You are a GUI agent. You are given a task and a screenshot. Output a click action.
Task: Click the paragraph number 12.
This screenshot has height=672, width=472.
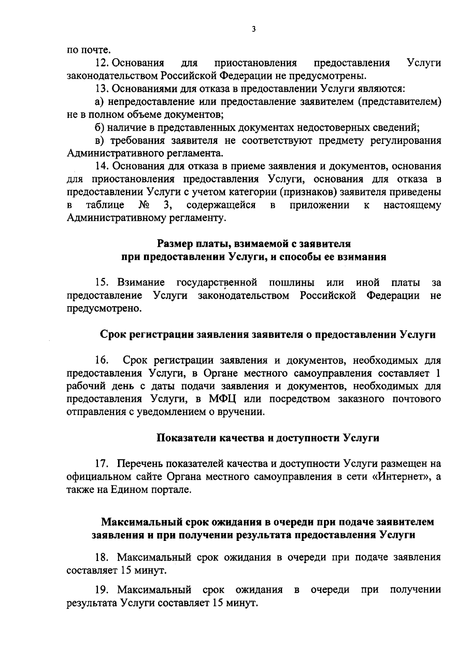pos(102,63)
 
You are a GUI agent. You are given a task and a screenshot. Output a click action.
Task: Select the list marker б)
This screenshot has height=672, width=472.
pos(100,128)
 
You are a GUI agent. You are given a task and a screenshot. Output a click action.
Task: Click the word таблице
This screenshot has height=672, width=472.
pos(105,205)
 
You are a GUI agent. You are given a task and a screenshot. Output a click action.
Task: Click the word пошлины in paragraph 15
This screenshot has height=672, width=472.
pos(291,282)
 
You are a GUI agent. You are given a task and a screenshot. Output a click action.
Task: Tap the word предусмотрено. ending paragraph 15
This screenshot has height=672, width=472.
pos(104,308)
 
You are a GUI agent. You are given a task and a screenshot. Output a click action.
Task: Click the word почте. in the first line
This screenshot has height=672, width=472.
pos(88,50)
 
